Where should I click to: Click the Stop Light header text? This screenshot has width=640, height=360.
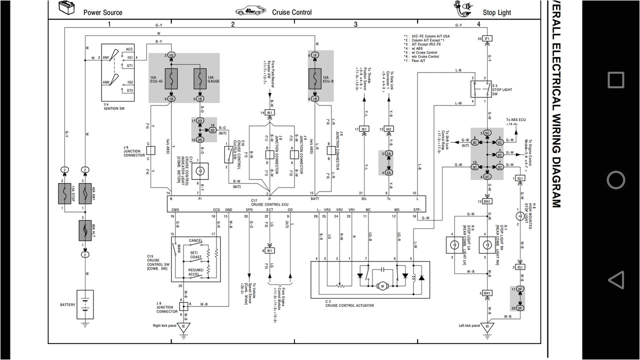pyautogui.click(x=496, y=12)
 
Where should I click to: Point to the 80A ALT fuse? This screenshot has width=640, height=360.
pyautogui.click(x=85, y=230)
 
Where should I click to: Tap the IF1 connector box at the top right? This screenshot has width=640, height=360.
pyautogui.click(x=487, y=38)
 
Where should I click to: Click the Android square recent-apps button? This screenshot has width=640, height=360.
pyautogui.click(x=615, y=80)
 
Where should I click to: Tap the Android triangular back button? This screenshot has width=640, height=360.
pyautogui.click(x=615, y=279)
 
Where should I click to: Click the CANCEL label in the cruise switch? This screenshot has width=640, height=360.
pyautogui.click(x=195, y=240)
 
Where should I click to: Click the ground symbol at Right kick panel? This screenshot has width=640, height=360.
pyautogui.click(x=183, y=327)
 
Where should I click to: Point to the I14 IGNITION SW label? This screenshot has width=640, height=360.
pyautogui.click(x=114, y=106)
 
